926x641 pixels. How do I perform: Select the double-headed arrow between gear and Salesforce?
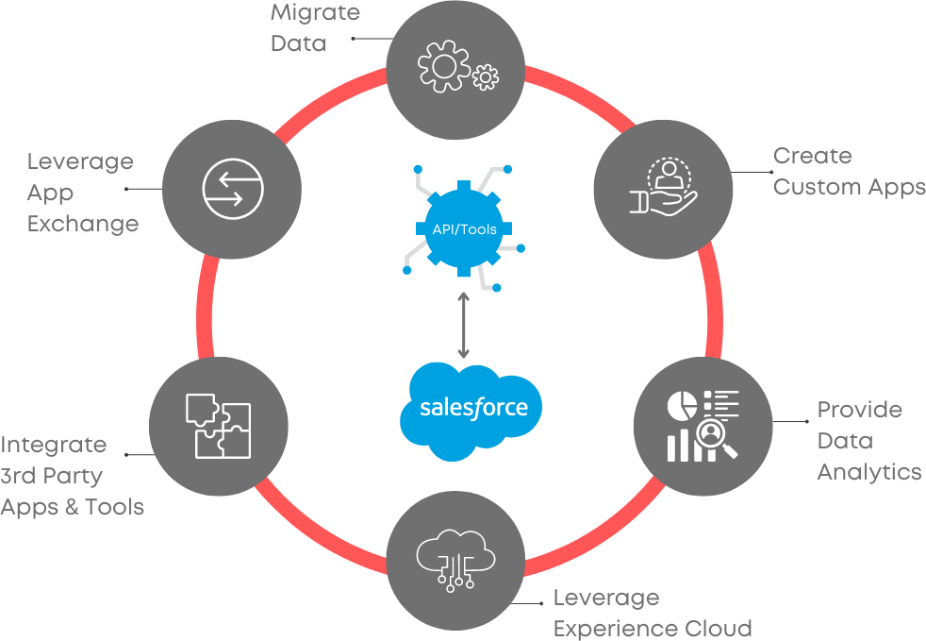tap(463, 325)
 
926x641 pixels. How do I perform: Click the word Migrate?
tap(315, 13)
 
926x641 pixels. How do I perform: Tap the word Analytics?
tap(868, 472)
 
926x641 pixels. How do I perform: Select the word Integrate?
tap(54, 446)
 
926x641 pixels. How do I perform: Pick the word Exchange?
tap(82, 224)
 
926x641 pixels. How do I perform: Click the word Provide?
tap(859, 410)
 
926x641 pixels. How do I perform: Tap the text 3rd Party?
tap(52, 476)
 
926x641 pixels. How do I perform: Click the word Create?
tap(812, 156)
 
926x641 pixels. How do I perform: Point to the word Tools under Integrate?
tap(114, 507)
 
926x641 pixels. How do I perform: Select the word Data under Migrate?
tap(297, 43)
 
